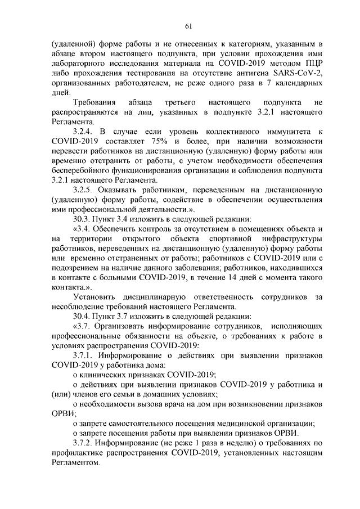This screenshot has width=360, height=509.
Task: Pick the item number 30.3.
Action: pyautogui.click(x=84, y=218)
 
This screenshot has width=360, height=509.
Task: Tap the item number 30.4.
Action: pyautogui.click(x=84, y=316)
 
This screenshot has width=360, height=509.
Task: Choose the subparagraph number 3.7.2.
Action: pyautogui.click(x=85, y=443)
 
